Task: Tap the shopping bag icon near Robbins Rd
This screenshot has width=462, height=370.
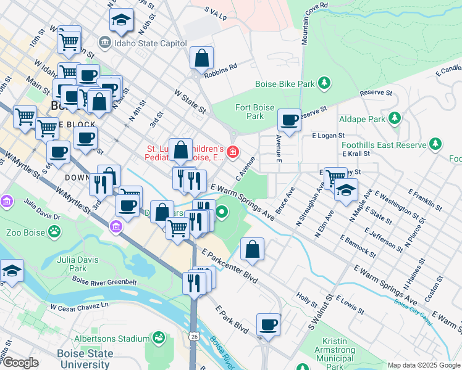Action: [202, 59]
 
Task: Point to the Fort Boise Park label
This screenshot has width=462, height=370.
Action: [250, 111]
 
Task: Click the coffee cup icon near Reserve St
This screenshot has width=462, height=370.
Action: [288, 120]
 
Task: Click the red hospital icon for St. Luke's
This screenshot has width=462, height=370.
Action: [233, 152]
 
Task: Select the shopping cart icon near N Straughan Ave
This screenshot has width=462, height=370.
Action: [335, 179]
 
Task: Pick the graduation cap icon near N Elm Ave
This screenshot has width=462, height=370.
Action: [346, 189]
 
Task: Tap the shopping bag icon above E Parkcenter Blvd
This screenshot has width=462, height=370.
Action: [253, 249]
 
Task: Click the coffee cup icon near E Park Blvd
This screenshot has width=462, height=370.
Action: [269, 324]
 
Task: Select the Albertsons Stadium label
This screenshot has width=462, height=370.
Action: [111, 339]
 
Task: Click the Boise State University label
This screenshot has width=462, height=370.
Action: [85, 358]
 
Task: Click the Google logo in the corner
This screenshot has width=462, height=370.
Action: [20, 363]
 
